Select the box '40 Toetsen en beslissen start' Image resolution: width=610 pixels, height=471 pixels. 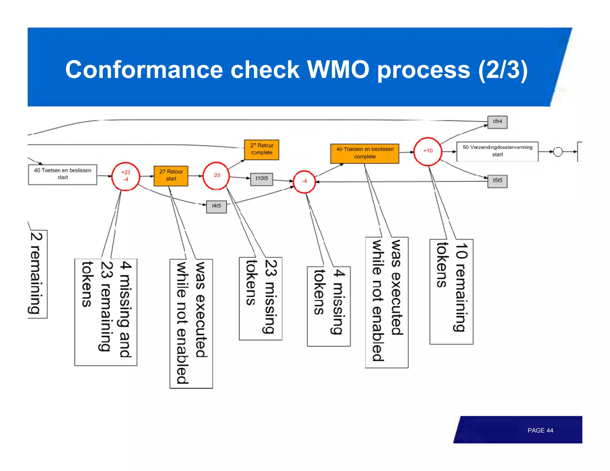(x=63, y=174)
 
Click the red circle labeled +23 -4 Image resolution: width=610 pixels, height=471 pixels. (x=125, y=177)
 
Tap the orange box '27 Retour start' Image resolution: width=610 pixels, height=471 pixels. (x=171, y=176)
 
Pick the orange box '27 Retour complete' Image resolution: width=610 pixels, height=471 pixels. (x=262, y=149)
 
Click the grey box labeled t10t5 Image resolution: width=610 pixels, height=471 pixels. (x=262, y=179)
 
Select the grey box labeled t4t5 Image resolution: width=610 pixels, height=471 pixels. (x=216, y=207)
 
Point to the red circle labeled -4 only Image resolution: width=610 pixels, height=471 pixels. (x=304, y=181)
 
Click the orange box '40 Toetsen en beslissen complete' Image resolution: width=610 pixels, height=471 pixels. (x=365, y=153)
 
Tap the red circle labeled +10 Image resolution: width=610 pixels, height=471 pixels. (x=428, y=151)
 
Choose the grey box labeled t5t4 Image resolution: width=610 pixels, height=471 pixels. (x=497, y=122)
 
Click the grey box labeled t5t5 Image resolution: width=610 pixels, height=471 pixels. (x=497, y=181)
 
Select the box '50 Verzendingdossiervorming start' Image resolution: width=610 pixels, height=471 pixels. (x=497, y=151)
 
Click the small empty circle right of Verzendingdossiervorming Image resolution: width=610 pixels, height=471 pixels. (x=558, y=152)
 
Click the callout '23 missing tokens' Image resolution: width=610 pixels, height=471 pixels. (x=261, y=298)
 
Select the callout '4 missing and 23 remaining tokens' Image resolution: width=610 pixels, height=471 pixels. (x=106, y=312)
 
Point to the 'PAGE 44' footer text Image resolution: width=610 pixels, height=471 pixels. (x=540, y=430)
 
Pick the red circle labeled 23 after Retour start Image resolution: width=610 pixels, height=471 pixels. (x=216, y=176)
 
